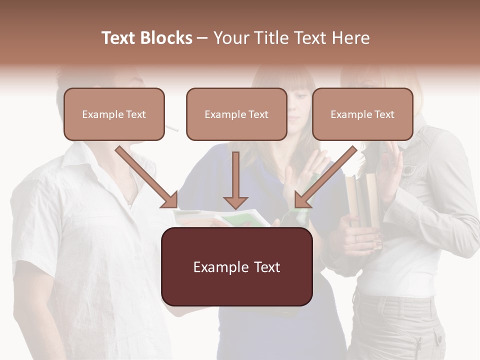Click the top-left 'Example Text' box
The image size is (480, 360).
tap(114, 114)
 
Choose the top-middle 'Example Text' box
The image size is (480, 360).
tap(236, 114)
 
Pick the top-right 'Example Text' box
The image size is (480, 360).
tap(362, 114)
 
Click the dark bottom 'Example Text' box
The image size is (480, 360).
tap(237, 266)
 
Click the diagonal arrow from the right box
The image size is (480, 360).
tap(325, 177)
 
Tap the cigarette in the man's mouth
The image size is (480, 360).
tap(171, 128)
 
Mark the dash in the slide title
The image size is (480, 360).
tap(202, 38)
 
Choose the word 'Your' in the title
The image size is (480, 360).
tap(229, 38)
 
